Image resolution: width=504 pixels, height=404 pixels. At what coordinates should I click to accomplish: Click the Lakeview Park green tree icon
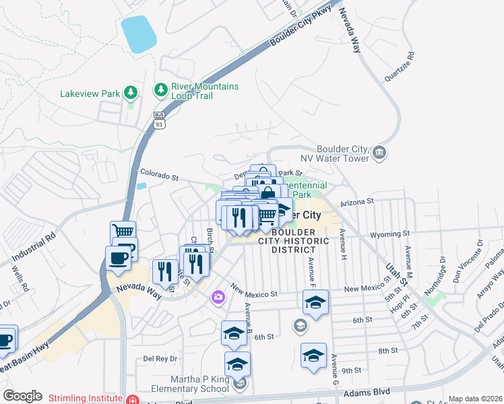coord(130,94)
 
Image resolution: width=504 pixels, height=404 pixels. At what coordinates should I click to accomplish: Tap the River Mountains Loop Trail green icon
coord(161,89)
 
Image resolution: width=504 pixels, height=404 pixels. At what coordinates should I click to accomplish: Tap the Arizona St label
coord(356,202)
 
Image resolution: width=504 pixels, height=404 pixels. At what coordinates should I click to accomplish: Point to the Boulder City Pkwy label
coord(307,29)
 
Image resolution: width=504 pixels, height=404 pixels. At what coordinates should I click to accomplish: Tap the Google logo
coord(22,396)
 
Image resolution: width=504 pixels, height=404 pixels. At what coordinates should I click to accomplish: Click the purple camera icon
coord(218,296)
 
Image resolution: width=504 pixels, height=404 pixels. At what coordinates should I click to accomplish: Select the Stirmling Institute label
coord(87,399)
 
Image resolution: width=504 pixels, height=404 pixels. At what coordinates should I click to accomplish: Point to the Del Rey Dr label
coord(159,358)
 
